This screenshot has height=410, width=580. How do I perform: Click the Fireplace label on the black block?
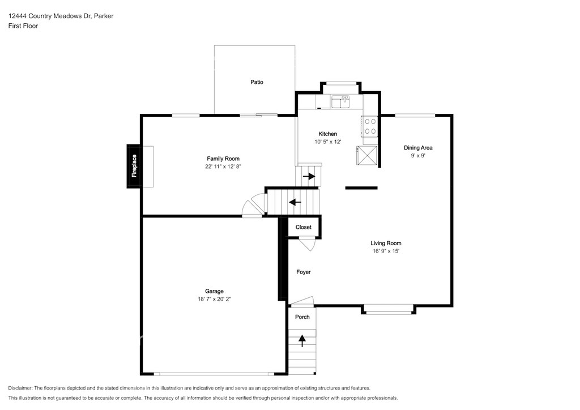click(134, 166)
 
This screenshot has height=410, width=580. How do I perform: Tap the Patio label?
click(257, 82)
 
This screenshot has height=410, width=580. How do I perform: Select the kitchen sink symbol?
click(340, 102)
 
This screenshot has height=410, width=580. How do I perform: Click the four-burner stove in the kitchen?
click(370, 126)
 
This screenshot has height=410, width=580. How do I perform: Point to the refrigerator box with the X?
click(366, 155)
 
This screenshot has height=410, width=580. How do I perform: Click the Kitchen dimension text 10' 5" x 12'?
click(328, 142)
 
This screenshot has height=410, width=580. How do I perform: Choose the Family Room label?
click(223, 159)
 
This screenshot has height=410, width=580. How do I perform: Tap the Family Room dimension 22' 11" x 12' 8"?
click(223, 166)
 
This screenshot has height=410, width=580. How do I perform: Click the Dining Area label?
click(418, 147)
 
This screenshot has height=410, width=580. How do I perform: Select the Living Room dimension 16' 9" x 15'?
click(386, 251)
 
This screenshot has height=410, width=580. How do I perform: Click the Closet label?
click(304, 227)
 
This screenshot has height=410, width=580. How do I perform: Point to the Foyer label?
click(304, 272)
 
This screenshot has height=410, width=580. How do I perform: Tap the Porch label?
click(302, 317)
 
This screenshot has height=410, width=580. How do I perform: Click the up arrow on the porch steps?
click(302, 340)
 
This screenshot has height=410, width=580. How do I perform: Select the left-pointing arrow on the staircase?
click(295, 202)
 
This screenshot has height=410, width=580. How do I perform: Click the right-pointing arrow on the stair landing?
click(309, 176)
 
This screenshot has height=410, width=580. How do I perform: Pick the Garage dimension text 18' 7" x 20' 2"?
click(214, 299)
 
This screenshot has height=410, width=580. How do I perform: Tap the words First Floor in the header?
click(23, 26)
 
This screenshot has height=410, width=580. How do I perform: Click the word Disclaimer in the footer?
click(20, 388)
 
